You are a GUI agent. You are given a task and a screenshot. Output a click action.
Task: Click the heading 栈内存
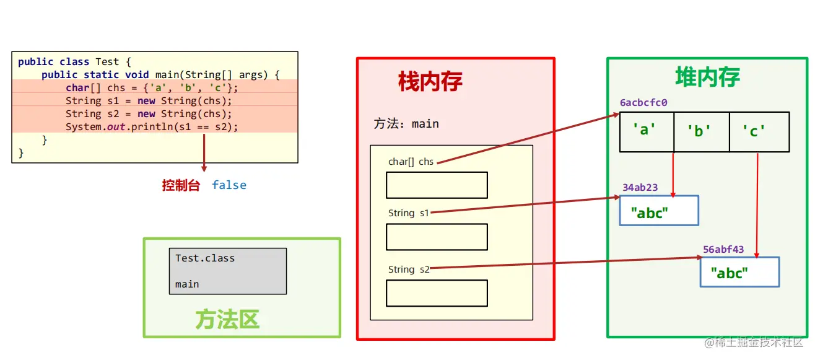[430, 82]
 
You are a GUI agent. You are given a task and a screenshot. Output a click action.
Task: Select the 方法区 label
[227, 320]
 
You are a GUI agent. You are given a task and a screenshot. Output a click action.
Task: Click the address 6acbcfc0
[643, 103]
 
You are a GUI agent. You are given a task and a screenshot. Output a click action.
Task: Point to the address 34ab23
[640, 187]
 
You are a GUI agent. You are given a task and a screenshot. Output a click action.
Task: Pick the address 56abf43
[723, 250]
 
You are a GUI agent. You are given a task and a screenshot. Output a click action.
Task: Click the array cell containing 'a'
[646, 131]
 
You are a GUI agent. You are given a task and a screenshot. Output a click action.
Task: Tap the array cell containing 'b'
[701, 131]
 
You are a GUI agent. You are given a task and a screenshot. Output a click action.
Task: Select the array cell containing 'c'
[759, 131]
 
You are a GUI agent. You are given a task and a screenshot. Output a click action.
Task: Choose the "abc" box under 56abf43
[739, 272]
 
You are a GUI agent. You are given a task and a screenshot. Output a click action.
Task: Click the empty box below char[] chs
[437, 185]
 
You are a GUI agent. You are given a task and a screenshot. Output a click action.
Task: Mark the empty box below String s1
[437, 237]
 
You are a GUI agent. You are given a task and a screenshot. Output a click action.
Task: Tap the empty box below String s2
[437, 293]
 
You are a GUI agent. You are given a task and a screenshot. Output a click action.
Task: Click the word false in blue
[229, 185]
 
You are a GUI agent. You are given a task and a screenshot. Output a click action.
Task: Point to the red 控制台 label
[181, 185]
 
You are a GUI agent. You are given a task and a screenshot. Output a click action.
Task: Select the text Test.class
[205, 258]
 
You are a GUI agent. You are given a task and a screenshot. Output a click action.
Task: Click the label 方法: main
[406, 124]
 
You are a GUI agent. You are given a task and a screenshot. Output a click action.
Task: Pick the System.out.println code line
[152, 126]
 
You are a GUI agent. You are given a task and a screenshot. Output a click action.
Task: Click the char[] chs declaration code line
[152, 87]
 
